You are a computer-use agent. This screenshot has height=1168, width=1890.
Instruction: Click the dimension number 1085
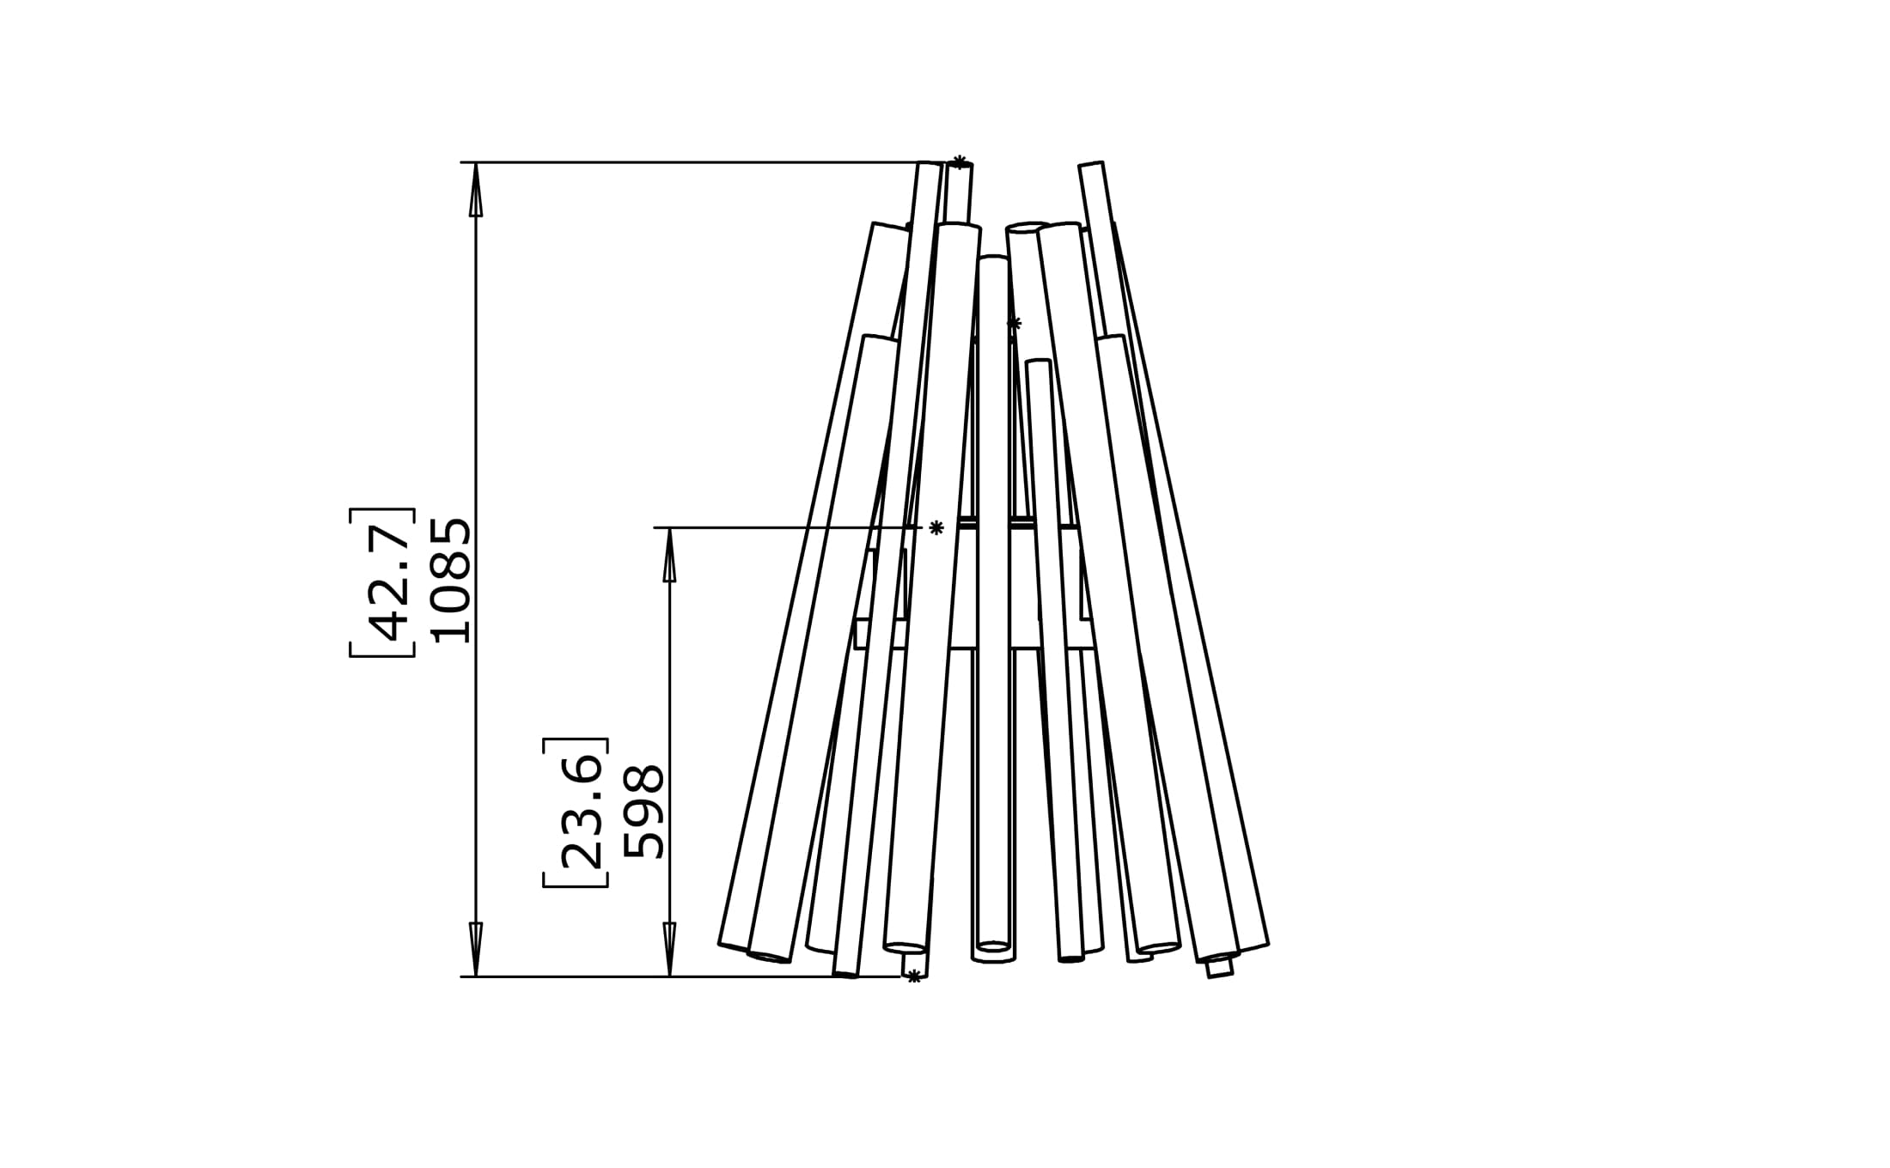point(451,581)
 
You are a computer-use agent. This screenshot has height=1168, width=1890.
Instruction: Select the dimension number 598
point(644,812)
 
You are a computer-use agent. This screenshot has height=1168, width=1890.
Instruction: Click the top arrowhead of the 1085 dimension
point(476,191)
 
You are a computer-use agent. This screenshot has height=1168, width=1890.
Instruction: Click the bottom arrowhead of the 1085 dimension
point(476,948)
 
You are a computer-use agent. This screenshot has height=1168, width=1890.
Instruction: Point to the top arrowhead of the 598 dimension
point(669,556)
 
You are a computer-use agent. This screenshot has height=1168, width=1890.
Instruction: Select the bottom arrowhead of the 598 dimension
point(669,948)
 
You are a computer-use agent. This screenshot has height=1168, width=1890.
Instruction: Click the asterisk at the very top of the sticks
point(960,161)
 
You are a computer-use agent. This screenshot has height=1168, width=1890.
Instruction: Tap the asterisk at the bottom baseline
point(914,976)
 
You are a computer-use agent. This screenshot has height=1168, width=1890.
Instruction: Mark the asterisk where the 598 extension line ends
point(936,527)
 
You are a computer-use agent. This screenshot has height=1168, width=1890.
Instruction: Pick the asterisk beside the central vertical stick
point(1014,324)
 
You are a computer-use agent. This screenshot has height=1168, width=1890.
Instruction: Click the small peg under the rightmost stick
point(1219,968)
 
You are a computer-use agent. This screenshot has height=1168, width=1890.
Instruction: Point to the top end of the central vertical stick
point(993,259)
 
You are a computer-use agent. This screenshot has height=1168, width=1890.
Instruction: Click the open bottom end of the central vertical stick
point(994,948)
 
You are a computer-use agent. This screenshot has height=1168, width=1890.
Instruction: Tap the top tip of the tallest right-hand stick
point(1090,165)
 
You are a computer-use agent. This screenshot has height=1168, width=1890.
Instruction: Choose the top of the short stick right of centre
point(1039,363)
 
